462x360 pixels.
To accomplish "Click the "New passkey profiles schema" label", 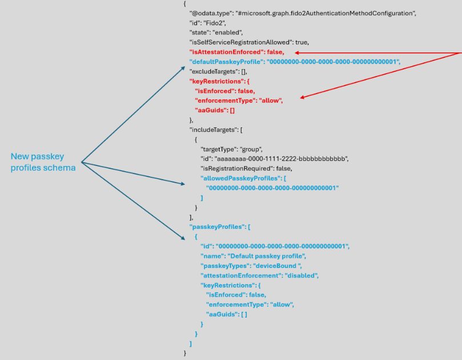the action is [x=43, y=162].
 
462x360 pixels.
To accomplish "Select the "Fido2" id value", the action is [x=214, y=23].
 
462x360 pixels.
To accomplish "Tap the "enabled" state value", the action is [x=227, y=33].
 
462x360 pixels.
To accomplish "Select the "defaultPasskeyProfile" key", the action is [x=227, y=62].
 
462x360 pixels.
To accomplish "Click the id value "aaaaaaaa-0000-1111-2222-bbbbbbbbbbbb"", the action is [x=282, y=159].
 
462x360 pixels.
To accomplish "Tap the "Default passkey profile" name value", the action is [x=266, y=256].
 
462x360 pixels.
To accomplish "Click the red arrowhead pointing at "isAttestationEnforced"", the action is [x=297, y=53].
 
